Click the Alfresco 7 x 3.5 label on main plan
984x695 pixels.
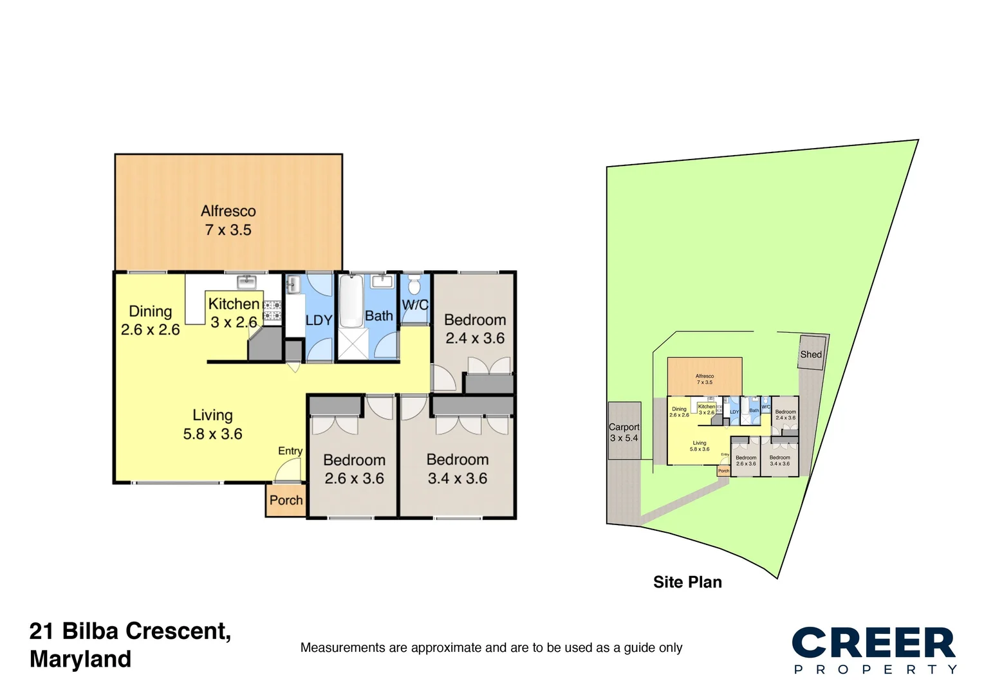click(228, 221)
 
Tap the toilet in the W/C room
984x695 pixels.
click(414, 285)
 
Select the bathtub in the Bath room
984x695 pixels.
click(351, 301)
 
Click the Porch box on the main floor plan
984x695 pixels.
click(286, 500)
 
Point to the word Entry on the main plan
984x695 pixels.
click(290, 451)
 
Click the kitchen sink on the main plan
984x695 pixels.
click(246, 281)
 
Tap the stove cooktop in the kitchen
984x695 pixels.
click(272, 310)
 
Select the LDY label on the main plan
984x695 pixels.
click(319, 320)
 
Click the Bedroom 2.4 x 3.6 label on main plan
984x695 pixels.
click(475, 329)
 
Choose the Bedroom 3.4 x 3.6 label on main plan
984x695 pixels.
click(458, 469)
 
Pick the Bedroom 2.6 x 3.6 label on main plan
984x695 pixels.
click(354, 469)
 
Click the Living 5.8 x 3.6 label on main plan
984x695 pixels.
click(212, 425)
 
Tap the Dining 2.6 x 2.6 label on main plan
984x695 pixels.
click(151, 320)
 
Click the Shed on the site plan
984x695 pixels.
click(811, 353)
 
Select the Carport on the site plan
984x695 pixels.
click(624, 431)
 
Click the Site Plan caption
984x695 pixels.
click(687, 582)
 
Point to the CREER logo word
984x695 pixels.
click(873, 643)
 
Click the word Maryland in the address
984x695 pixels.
click(80, 660)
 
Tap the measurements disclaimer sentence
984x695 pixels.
click(491, 648)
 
